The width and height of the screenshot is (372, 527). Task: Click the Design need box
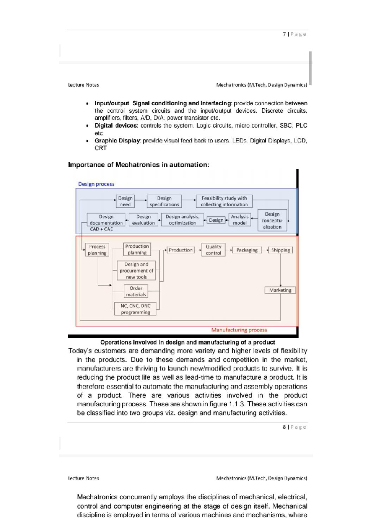(x=125, y=201)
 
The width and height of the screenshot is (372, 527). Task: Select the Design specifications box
(x=164, y=201)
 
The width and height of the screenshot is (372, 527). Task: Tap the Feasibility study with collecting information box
(x=224, y=201)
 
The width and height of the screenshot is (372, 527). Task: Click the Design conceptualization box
(x=272, y=220)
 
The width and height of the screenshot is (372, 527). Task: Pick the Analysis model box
(x=239, y=220)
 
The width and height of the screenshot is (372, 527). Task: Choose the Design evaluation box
(x=143, y=220)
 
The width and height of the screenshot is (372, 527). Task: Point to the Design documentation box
(x=106, y=220)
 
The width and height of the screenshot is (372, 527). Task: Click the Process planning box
(x=97, y=250)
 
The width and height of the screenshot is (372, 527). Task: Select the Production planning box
(x=137, y=250)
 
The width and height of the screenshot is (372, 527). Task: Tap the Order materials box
(x=136, y=291)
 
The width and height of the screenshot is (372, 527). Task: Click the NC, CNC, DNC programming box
(x=135, y=309)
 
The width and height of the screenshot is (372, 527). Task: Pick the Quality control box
(x=213, y=250)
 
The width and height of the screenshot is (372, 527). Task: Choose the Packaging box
(x=247, y=250)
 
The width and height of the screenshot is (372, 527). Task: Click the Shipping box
(x=280, y=250)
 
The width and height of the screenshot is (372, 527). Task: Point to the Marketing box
(x=280, y=290)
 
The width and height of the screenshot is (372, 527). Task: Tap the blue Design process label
(x=96, y=184)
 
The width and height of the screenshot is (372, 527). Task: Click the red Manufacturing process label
(x=239, y=330)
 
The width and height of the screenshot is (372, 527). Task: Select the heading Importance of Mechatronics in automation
(x=139, y=164)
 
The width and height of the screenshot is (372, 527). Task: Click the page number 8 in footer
(x=284, y=427)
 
